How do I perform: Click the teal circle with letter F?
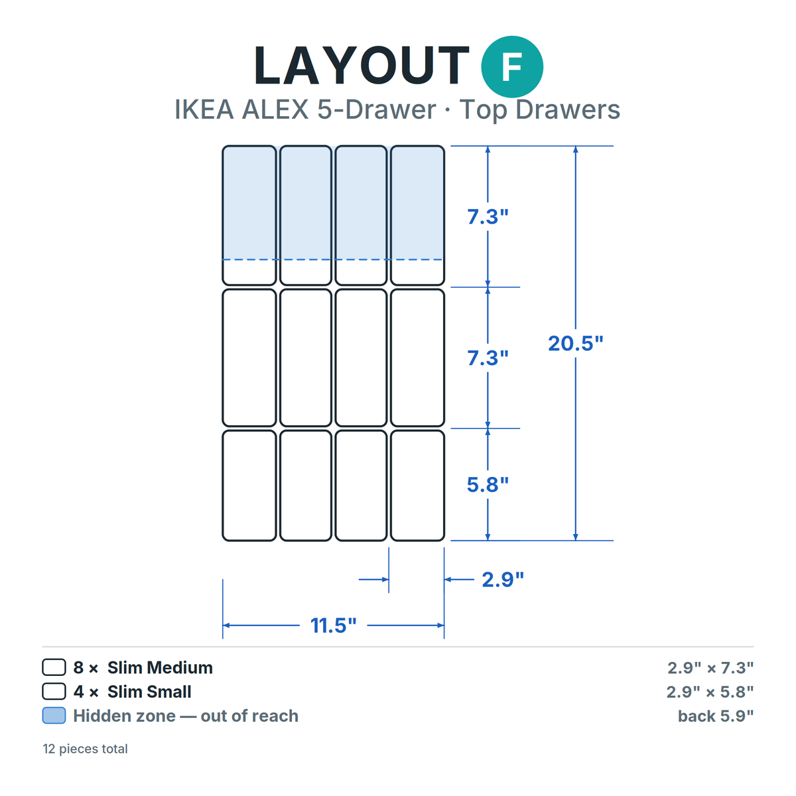coord(512,67)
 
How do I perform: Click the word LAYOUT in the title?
coord(362,66)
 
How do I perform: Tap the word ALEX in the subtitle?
coord(275,109)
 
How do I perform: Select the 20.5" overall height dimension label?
coord(575,343)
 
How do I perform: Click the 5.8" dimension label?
coord(488,484)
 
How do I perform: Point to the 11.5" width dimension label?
coord(334,626)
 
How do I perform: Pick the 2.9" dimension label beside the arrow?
coord(503,580)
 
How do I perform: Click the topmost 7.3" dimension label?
coord(488,216)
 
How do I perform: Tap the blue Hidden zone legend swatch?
coord(54,716)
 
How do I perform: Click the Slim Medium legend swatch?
coord(54,667)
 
